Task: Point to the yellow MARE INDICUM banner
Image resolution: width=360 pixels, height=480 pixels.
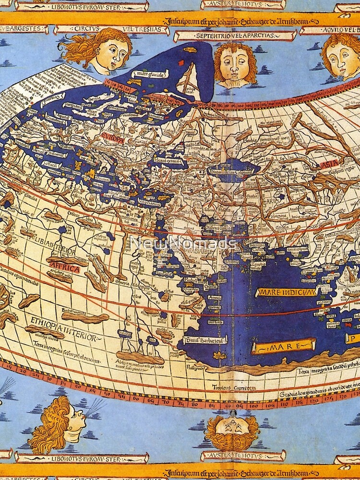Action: point(286,292)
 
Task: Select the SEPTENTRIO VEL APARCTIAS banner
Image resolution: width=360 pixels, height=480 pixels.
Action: point(234,36)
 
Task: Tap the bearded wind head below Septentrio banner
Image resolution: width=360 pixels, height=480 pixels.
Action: point(235,64)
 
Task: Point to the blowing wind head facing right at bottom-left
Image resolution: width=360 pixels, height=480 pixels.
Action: point(61,421)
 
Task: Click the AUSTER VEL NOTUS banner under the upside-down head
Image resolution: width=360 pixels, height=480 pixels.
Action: point(234,455)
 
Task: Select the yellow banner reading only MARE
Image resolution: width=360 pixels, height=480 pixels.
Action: point(284,346)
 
